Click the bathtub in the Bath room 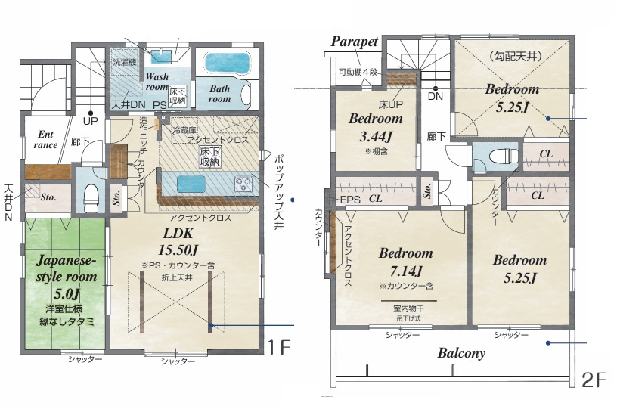point(228,63)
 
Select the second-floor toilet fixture point(504,157)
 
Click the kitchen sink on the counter point(191,184)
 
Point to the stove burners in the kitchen point(243,184)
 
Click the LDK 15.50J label point(178,241)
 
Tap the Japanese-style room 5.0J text point(66,277)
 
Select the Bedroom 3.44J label point(376,127)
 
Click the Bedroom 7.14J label point(406,262)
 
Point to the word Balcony point(461,353)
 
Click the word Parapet point(355,42)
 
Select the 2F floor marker point(594,380)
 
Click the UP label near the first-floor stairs point(90,121)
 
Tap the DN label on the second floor point(436,96)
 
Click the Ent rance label point(45,140)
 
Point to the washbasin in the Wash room point(161,56)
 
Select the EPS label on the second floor point(350,200)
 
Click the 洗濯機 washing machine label point(124,62)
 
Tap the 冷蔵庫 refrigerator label point(184,130)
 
